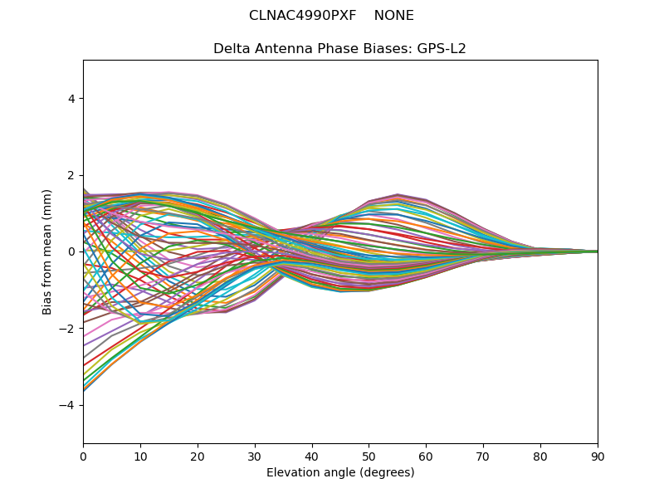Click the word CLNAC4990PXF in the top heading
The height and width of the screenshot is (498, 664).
click(302, 16)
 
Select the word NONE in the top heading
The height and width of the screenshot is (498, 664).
click(393, 16)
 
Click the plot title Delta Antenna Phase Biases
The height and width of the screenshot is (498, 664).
click(313, 49)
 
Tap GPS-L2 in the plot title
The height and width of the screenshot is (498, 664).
click(442, 49)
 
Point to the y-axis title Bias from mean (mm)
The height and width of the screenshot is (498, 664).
click(46, 252)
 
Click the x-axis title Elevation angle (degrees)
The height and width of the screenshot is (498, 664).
click(340, 472)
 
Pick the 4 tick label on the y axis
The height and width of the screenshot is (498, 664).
click(71, 99)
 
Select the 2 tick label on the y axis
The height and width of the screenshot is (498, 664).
click(71, 175)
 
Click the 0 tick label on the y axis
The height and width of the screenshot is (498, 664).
click(71, 252)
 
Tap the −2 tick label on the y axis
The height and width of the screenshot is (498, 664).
click(67, 329)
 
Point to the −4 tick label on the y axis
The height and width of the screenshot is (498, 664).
click(67, 405)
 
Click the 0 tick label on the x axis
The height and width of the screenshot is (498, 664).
click(84, 457)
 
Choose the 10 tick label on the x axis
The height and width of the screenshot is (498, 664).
click(140, 457)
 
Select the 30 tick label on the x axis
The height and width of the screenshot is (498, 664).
click(255, 457)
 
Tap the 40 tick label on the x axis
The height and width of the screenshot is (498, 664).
click(312, 457)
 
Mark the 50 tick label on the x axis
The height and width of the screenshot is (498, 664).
click(369, 457)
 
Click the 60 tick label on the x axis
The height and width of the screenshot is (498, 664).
click(427, 457)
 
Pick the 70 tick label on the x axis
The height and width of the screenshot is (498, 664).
click(484, 457)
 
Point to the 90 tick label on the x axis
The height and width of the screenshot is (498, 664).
click(598, 457)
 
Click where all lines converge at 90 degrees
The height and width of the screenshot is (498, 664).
click(598, 252)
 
